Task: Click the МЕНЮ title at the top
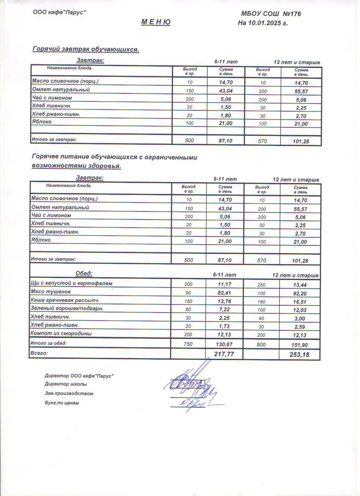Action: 156,23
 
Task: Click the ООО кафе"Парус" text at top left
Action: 59,13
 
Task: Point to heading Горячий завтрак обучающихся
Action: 86,50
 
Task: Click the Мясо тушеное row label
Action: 51,292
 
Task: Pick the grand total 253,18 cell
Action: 300,355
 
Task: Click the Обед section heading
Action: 84,273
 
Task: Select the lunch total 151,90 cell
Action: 300,344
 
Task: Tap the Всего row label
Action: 39,353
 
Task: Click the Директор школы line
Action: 66,384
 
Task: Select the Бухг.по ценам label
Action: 62,403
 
